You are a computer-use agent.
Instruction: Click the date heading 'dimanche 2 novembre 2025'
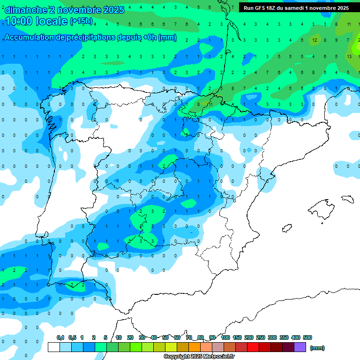(64, 10)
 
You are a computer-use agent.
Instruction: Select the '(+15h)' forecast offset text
(81, 21)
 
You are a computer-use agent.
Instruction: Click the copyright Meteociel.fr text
(199, 357)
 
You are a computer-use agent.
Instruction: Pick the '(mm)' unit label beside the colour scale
(317, 348)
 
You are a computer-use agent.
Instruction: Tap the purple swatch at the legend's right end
(300, 347)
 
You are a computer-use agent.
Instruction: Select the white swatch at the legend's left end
(54, 347)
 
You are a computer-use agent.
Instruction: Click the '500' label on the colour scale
(307, 337)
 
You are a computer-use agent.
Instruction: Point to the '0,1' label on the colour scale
(60, 337)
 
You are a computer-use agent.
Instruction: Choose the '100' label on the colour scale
(225, 337)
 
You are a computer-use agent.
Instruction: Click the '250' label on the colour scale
(261, 337)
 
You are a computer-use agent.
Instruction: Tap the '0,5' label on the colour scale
(72, 337)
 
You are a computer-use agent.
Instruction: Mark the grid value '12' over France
(315, 40)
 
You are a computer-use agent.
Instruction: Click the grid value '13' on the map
(349, 56)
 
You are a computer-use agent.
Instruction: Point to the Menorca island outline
(347, 199)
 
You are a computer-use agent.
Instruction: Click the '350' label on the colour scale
(284, 337)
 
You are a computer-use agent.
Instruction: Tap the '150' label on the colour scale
(237, 337)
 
